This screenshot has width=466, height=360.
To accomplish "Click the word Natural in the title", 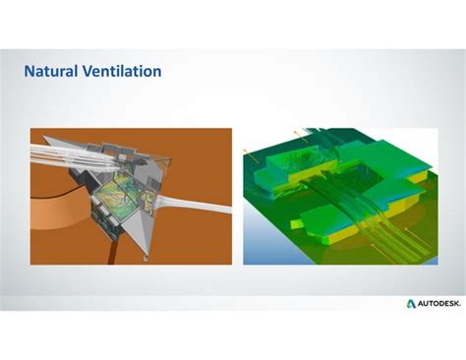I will (50, 72).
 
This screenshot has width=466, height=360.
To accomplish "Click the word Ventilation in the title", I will (121, 72).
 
